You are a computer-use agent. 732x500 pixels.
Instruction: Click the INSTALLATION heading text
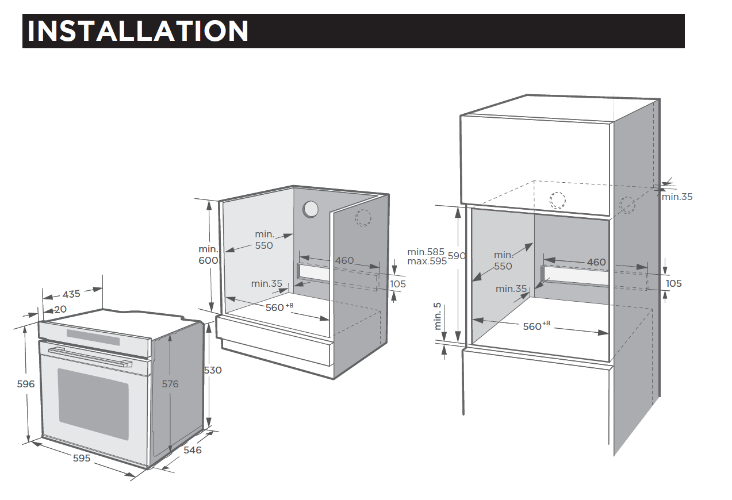138,31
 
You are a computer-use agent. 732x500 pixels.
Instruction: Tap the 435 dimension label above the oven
71,294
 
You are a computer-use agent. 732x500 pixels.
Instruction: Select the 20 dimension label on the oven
60,309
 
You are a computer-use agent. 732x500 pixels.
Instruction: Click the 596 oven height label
26,384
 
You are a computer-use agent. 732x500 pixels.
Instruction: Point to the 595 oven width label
82,458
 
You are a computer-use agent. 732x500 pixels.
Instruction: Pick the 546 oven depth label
193,450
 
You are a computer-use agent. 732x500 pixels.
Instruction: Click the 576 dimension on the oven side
170,384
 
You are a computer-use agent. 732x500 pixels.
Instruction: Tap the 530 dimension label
213,370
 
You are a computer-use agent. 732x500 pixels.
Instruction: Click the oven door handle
90,357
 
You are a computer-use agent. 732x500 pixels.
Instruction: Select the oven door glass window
94,404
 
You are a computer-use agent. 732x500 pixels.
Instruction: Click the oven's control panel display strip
93,337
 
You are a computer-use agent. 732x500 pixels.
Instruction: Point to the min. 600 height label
208,255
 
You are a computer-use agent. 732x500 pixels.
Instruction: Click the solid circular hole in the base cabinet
310,209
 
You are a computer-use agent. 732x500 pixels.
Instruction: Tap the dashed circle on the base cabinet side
363,217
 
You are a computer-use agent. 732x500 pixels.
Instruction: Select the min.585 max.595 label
427,256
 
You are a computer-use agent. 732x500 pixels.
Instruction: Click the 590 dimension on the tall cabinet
457,256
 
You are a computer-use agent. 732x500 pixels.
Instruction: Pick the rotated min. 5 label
437,316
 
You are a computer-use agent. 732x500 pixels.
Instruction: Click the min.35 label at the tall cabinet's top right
677,197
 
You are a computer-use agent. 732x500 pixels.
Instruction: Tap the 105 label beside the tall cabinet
674,283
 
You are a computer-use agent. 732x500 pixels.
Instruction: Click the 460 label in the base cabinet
344,260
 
